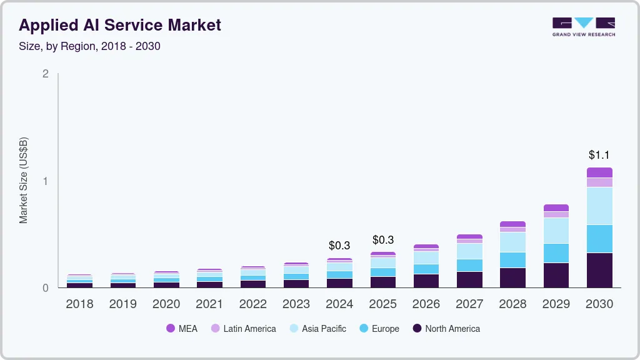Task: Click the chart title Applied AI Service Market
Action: coord(120,25)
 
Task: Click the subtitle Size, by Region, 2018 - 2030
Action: coord(89,46)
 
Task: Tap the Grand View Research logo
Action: coord(583,27)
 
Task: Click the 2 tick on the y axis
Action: coord(45,74)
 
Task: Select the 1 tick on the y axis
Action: coord(45,181)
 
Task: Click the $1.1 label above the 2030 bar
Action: coord(599,155)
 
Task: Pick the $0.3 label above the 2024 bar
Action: coord(339,245)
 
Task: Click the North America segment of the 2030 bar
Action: coord(599,270)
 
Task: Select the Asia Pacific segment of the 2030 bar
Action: coord(599,206)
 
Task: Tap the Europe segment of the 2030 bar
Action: coord(599,239)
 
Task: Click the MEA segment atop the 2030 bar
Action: coord(599,172)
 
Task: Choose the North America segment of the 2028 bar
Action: coord(512,277)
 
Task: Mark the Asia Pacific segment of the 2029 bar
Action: coord(556,231)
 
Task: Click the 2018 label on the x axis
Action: coord(79,304)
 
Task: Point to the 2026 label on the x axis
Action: coord(426,304)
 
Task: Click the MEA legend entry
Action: coord(182,329)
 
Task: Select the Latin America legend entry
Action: coord(243,329)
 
